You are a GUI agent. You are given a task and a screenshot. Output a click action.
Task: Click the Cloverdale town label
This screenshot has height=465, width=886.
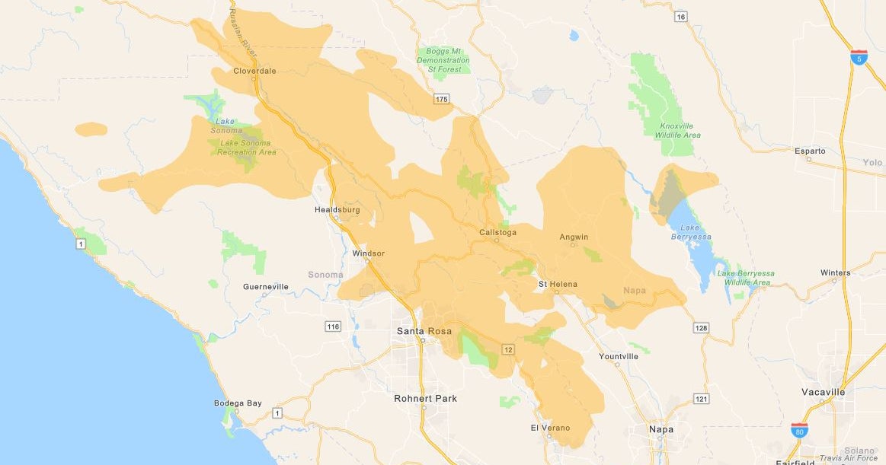coord(254,71)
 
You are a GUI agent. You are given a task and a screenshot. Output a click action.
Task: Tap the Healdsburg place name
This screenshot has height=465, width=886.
coord(337,209)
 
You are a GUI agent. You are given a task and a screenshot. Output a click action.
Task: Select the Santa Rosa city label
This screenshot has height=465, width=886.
coord(424,331)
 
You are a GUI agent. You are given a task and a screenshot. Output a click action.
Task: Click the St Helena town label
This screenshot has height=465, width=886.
coord(558,284)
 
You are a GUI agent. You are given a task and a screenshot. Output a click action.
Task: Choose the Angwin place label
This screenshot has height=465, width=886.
coord(574,237)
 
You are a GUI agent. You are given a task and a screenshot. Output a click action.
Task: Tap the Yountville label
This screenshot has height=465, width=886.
coord(619,356)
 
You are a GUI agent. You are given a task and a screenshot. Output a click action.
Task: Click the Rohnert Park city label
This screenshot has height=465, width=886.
coord(426,398)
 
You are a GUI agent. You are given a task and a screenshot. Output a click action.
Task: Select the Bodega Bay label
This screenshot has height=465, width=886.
coord(237,403)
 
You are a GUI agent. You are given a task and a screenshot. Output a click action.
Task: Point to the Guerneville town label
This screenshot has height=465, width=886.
coord(265,287)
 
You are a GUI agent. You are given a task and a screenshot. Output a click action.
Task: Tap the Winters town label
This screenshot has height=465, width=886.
coord(835,272)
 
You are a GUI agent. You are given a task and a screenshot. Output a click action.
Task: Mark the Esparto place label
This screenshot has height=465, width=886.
coord(809,151)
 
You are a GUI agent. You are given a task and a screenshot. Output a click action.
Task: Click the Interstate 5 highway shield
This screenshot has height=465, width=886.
coord(859,58)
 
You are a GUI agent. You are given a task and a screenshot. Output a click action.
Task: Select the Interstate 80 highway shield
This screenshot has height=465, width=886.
coord(799,430)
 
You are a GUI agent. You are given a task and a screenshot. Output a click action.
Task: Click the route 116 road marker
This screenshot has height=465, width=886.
coord(332,326)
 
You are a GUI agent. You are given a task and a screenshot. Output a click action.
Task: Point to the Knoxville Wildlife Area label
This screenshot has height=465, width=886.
coord(680,130)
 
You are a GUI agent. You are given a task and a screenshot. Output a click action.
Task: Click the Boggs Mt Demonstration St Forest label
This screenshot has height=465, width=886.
coord(443,60)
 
